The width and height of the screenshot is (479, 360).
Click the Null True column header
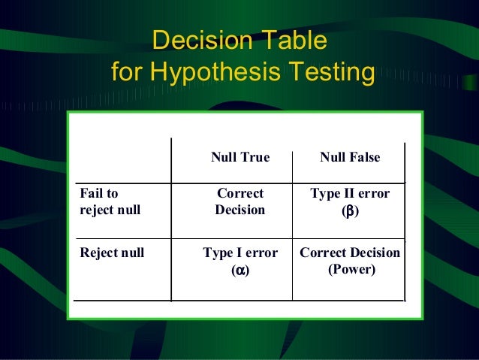(239, 158)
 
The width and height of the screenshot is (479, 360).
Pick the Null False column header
(350, 158)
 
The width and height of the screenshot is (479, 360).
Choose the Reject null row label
(112, 253)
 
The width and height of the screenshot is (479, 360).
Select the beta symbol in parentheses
(350, 211)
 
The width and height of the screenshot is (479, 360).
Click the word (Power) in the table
(351, 268)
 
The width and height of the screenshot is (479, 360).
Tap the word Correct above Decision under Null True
(240, 194)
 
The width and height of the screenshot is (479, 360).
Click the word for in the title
(128, 74)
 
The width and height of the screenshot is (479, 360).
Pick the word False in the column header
(364, 158)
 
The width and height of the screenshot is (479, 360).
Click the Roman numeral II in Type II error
(351, 194)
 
